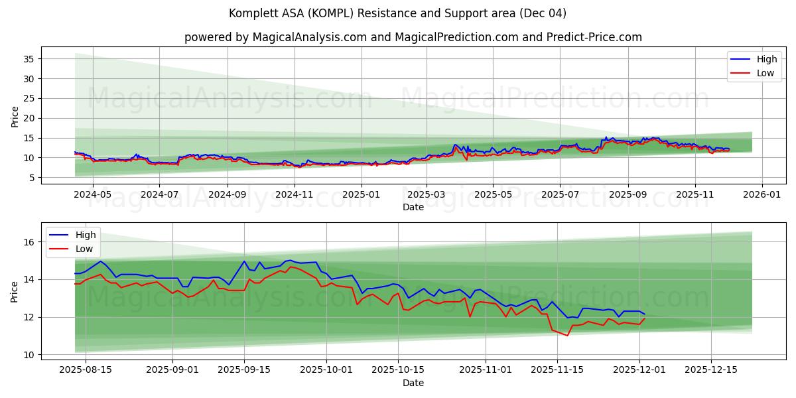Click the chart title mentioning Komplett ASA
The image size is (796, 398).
click(397, 13)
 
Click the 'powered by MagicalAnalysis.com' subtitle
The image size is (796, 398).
click(413, 37)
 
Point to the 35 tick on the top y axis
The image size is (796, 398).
click(29, 59)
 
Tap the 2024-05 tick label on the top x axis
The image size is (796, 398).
click(92, 194)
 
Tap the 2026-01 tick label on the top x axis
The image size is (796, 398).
click(762, 194)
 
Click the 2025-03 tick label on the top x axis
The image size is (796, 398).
click(427, 194)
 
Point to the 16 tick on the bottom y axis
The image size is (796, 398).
click(29, 242)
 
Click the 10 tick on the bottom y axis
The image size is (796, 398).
click(29, 355)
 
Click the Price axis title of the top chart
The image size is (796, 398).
click(15, 116)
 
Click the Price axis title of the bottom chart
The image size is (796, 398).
click(15, 291)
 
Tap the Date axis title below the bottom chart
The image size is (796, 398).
click(413, 383)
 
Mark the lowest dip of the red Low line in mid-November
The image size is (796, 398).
click(566, 335)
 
